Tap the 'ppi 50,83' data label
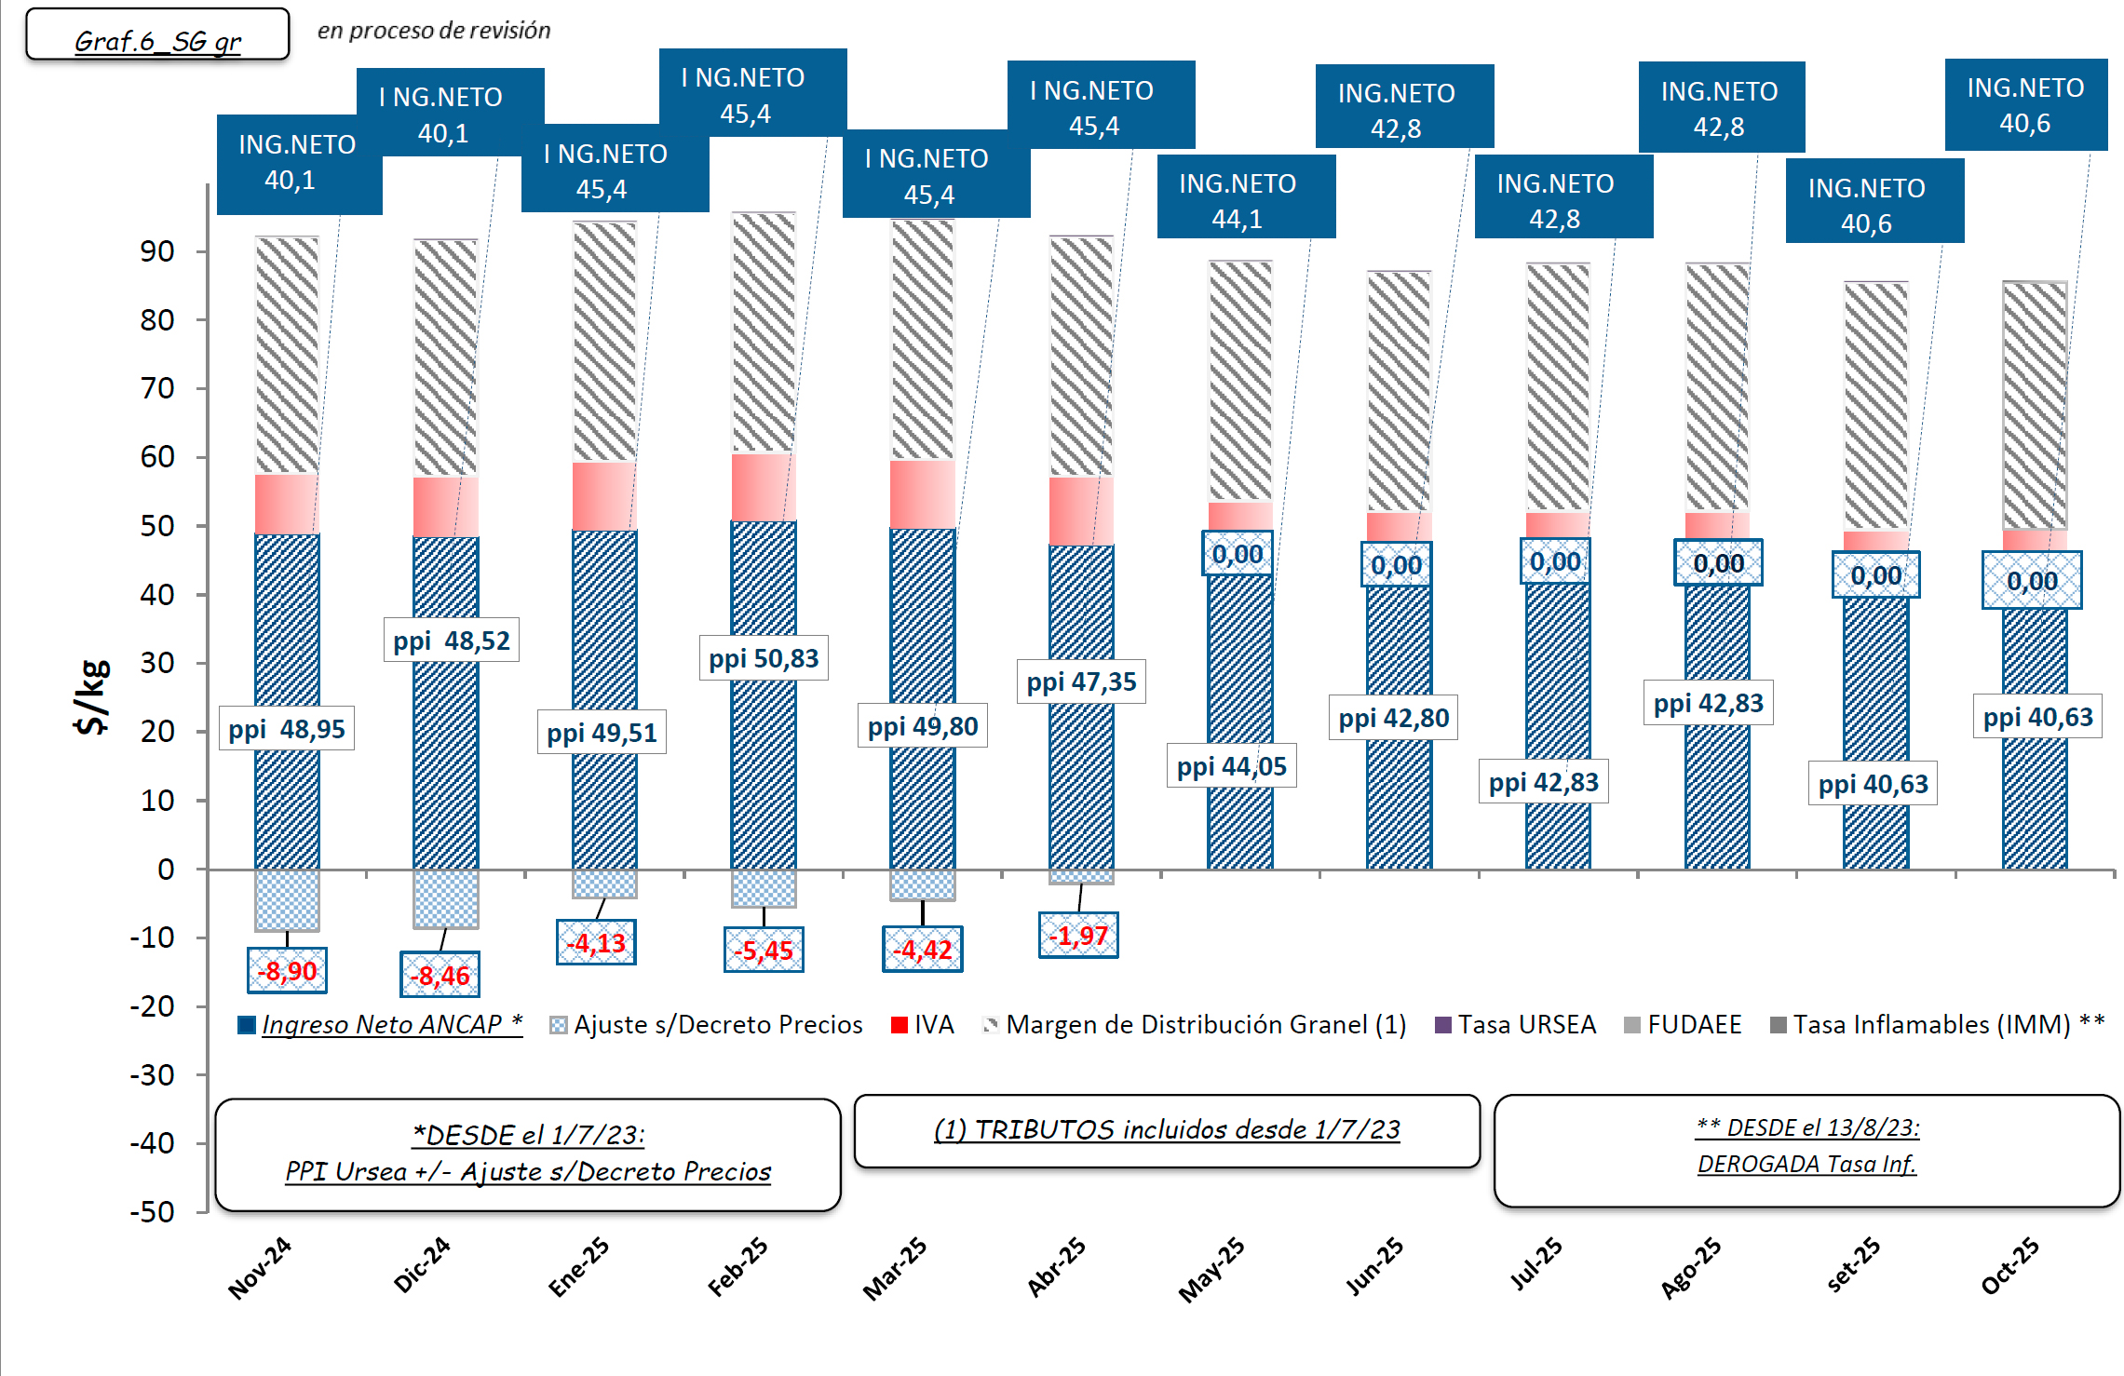764,659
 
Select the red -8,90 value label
287,971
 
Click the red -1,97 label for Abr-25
1078,936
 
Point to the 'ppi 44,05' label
1231,767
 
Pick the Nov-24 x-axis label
260,1268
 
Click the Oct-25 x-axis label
2009,1266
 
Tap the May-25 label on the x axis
1211,1269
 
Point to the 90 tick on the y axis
157,251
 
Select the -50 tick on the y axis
153,1212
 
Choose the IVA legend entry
923,1025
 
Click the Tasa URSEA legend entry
1516,1025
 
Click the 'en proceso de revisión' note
434,31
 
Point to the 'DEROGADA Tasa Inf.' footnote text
1806,1165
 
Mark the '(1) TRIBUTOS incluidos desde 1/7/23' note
1167,1130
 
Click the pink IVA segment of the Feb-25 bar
764,488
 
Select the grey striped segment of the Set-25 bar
1876,406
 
